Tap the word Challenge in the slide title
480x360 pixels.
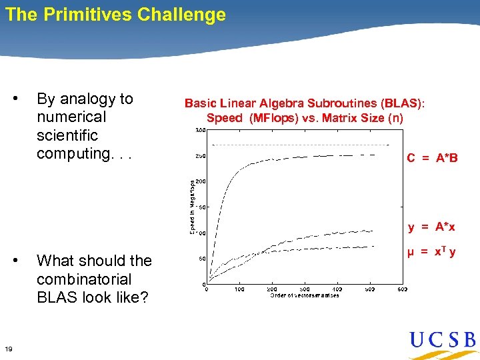pos(181,15)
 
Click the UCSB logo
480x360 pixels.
pos(443,341)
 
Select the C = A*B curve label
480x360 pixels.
pos(433,158)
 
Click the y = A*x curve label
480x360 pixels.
pos(432,227)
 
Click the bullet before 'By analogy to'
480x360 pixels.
pos(15,99)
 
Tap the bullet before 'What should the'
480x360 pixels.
pos(15,261)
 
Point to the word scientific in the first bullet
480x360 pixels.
pos(67,135)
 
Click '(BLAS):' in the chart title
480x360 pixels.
pos(403,103)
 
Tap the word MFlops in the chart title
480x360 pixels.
pos(272,118)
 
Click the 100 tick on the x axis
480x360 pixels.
pos(239,290)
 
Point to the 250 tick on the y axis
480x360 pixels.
pos(199,156)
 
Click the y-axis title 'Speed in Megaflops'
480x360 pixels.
pos(193,207)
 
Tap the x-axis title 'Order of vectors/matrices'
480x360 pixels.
pos(305,295)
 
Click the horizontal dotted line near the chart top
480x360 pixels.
pos(300,145)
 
